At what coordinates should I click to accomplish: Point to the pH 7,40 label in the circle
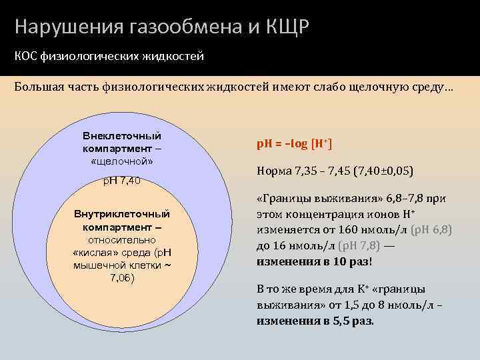(x=121, y=181)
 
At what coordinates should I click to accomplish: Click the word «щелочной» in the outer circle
(x=121, y=161)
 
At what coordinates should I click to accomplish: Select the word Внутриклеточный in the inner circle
(x=121, y=214)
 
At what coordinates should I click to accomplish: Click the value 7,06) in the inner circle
(x=121, y=277)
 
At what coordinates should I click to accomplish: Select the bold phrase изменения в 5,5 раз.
(x=315, y=321)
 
